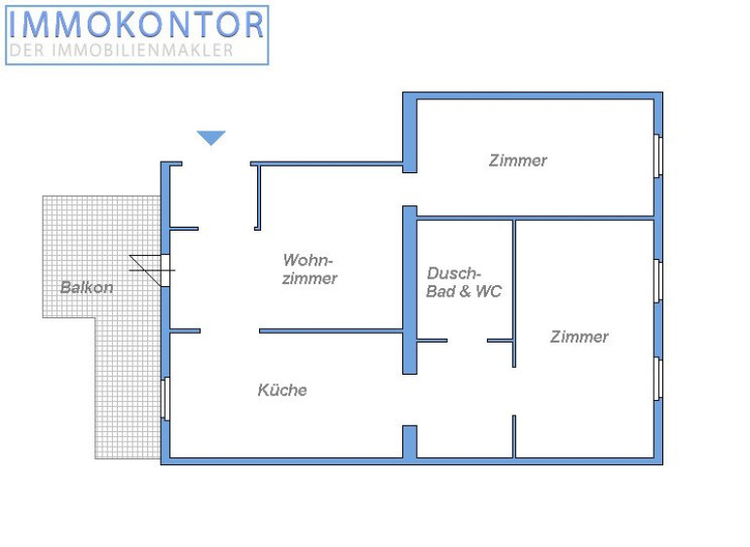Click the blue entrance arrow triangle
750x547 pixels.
coord(211,137)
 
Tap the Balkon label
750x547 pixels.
coord(87,287)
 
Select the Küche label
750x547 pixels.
coord(282,390)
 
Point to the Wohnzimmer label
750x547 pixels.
coord(310,270)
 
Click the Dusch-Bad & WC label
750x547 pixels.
coord(464,282)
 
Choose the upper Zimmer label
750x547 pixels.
coord(517,161)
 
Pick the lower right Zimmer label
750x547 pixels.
coord(580,337)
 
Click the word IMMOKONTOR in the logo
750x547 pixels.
coord(136,25)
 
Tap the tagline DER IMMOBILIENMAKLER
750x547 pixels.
coord(122,51)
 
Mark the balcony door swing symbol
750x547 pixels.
coord(152,271)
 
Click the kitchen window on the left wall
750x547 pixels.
coord(166,399)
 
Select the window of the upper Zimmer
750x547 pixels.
coord(658,156)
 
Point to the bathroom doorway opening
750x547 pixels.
coord(468,341)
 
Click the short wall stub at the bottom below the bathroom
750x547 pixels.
coord(409,442)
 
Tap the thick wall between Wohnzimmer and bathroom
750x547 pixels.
coord(409,290)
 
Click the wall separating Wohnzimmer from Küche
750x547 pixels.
coord(331,331)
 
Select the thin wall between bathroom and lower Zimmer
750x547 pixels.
coord(514,294)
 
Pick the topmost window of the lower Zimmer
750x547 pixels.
coord(658,281)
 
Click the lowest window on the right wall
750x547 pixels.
coord(658,379)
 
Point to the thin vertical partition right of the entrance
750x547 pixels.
coord(258,197)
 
